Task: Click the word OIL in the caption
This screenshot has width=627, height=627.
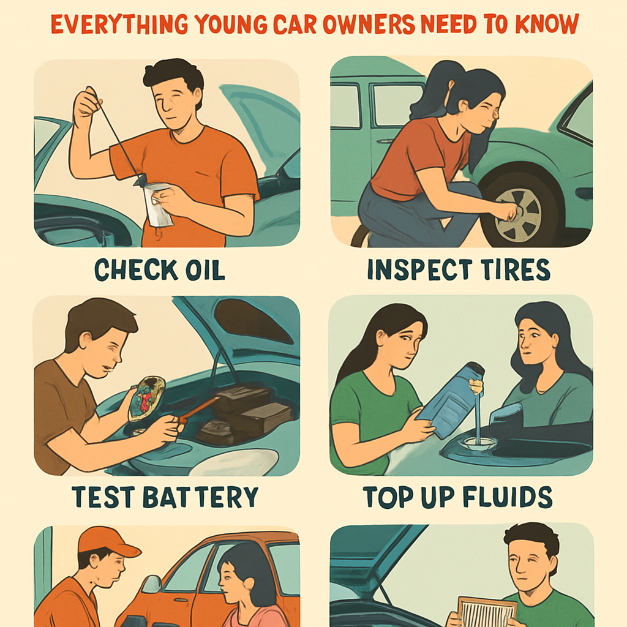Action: (x=205, y=269)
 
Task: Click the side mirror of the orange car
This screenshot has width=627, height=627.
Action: (x=152, y=584)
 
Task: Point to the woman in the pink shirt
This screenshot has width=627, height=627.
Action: (x=247, y=588)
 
